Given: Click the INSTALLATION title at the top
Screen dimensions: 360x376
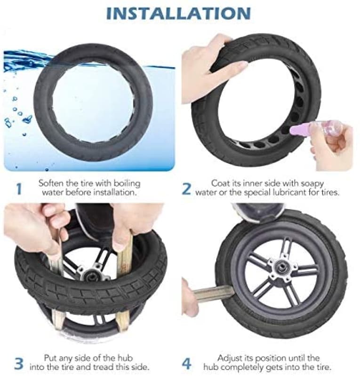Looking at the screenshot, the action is tap(178, 13).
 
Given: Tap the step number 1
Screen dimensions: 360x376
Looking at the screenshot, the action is tap(19, 189).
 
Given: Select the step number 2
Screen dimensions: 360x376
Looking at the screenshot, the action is tap(187, 189).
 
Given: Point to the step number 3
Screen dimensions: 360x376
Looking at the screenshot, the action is tap(19, 364).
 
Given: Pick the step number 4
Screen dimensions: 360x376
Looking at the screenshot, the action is tap(187, 364).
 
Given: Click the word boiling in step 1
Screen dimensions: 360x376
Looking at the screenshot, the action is tap(127, 183).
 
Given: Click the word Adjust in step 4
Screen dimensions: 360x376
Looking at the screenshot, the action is tap(230, 359).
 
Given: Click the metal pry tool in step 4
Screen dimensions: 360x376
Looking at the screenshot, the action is tap(213, 294).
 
